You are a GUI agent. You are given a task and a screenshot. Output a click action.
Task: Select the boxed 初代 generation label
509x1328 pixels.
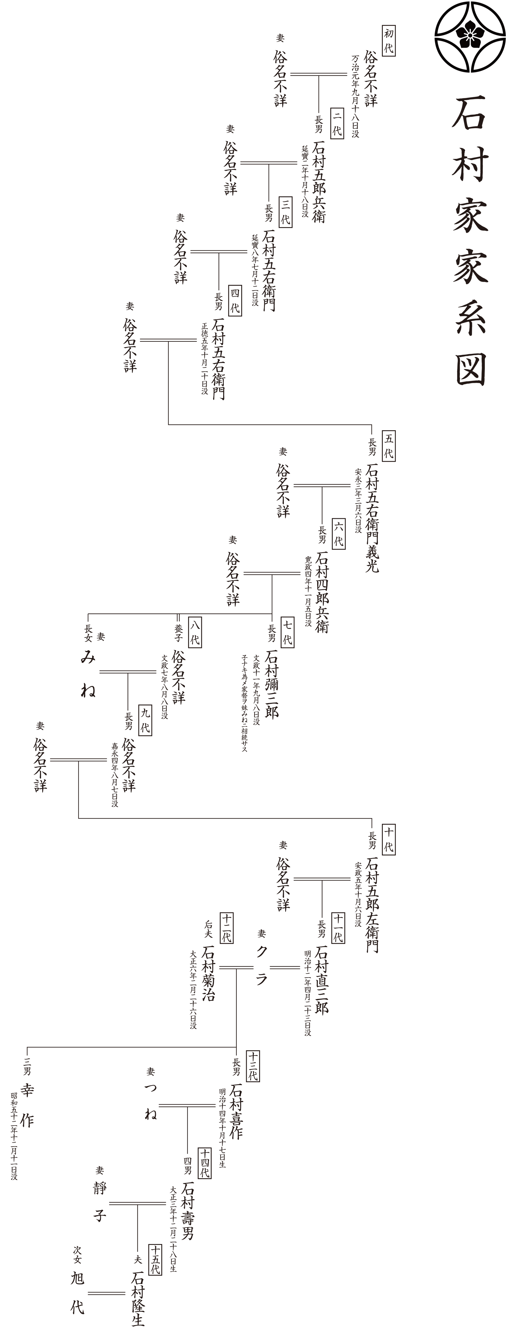388,41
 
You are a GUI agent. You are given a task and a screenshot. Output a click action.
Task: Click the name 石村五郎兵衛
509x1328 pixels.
319,181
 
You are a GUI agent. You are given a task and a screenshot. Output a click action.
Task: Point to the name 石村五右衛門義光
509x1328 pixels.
372,517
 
